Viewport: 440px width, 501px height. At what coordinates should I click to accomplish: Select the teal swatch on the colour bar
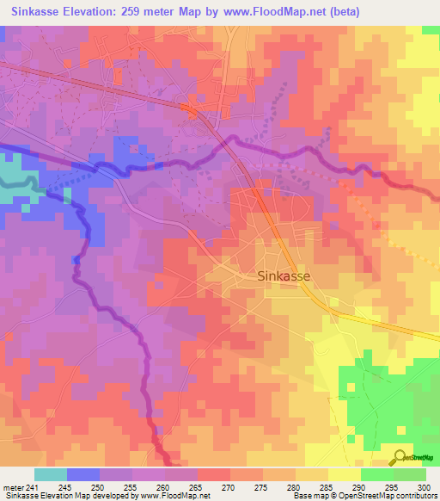(50, 474)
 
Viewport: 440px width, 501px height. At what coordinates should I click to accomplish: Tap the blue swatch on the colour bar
(83, 474)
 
